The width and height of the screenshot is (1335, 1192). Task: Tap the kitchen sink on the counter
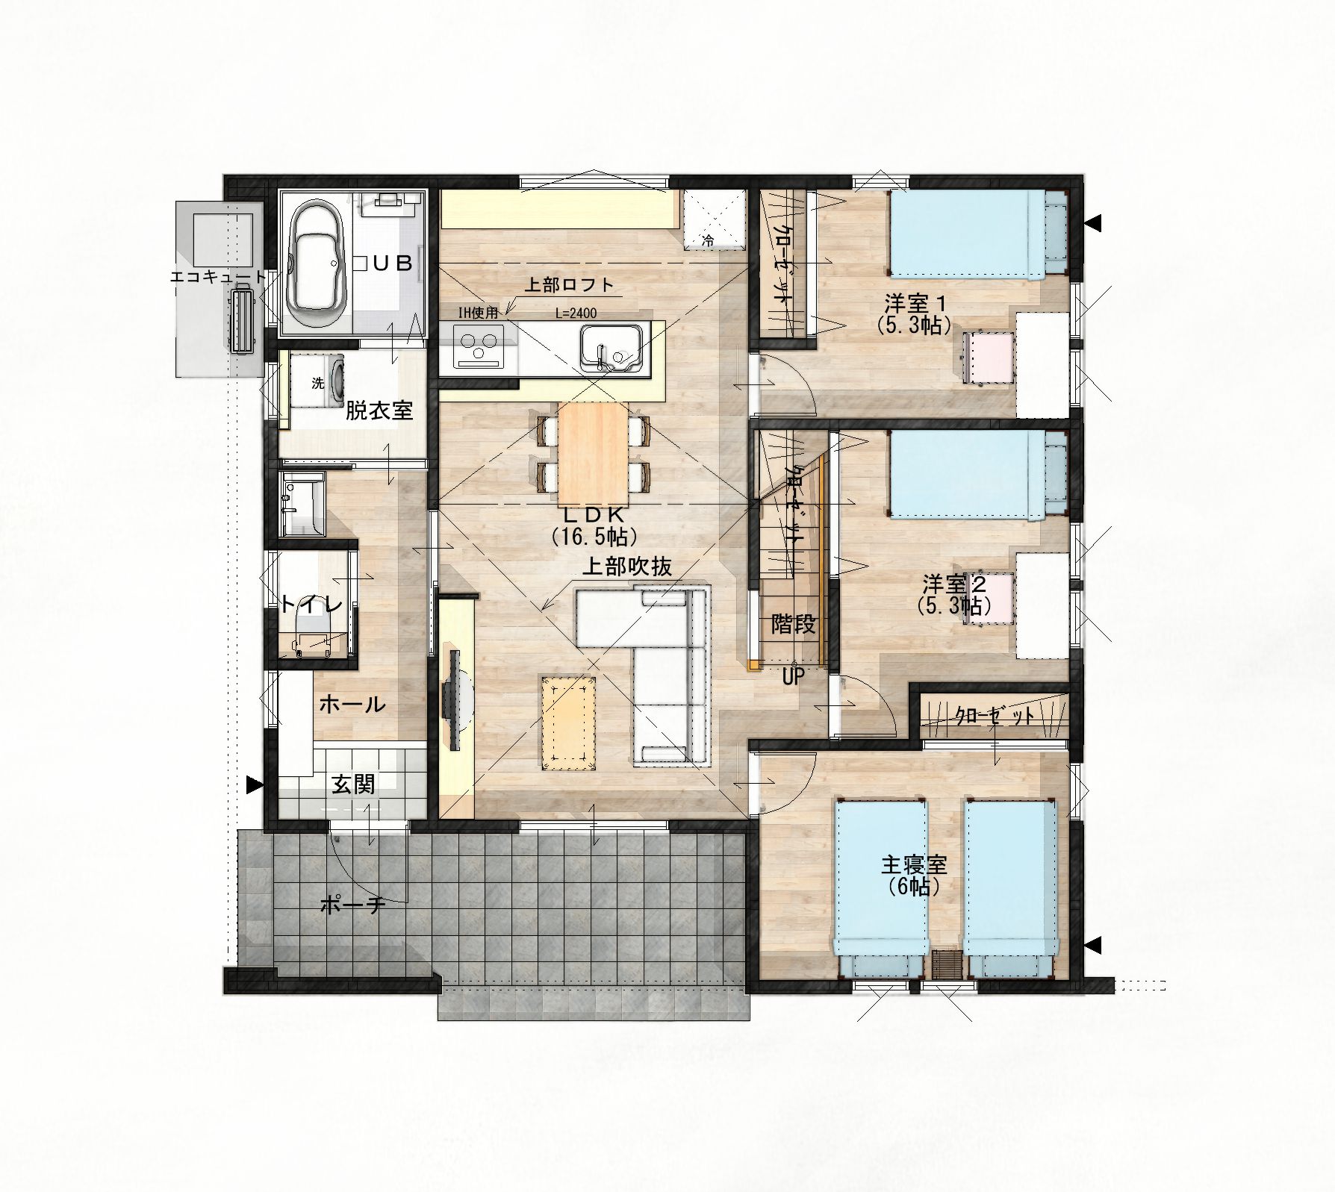(x=611, y=349)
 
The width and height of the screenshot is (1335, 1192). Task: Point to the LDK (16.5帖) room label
(x=594, y=525)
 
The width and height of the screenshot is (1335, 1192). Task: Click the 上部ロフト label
(x=569, y=284)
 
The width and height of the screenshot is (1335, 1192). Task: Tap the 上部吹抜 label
(x=627, y=567)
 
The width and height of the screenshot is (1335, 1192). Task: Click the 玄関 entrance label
(x=353, y=784)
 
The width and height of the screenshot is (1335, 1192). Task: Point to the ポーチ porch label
(x=352, y=905)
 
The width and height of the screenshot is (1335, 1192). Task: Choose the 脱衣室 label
(x=379, y=411)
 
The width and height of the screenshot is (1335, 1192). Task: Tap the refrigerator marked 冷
(x=715, y=220)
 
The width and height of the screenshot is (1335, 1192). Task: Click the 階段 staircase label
(x=793, y=624)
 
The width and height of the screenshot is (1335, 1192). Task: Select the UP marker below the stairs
(x=793, y=677)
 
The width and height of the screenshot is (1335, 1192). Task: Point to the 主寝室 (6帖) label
(x=915, y=876)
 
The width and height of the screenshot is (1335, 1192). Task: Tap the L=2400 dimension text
(x=576, y=314)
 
